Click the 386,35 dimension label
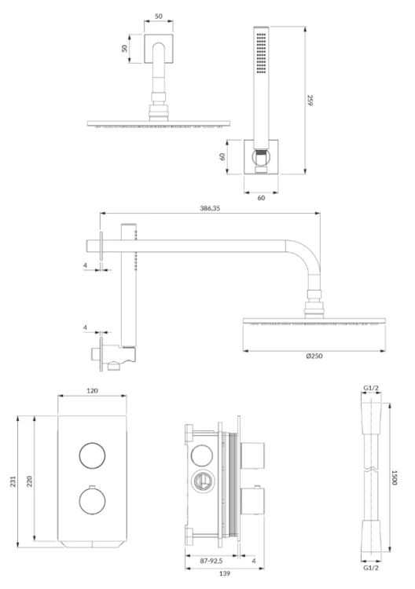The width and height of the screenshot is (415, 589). click(210, 208)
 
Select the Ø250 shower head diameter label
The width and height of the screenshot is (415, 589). click(314, 356)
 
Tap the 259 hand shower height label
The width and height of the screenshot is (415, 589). click(310, 101)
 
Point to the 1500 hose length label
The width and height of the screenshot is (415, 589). click(395, 477)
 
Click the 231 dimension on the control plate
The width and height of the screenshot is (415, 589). click(13, 481)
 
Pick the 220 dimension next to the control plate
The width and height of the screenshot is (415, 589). click(29, 481)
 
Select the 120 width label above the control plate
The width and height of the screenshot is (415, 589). click(92, 390)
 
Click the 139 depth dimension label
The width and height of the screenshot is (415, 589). click(225, 573)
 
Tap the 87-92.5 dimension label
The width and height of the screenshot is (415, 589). click(211, 561)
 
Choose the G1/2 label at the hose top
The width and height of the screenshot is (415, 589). click(371, 388)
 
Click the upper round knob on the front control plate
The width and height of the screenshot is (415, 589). click(92, 455)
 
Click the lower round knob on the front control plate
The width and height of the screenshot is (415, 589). click(92, 502)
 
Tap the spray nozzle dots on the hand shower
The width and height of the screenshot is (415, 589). click(261, 53)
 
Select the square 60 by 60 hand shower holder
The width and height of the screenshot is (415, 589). click(261, 157)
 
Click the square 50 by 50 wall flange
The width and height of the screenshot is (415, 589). click(159, 49)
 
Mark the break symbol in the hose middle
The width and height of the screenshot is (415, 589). click(371, 469)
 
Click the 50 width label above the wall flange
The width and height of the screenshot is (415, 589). click(159, 16)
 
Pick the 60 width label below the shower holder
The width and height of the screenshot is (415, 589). click(261, 198)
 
